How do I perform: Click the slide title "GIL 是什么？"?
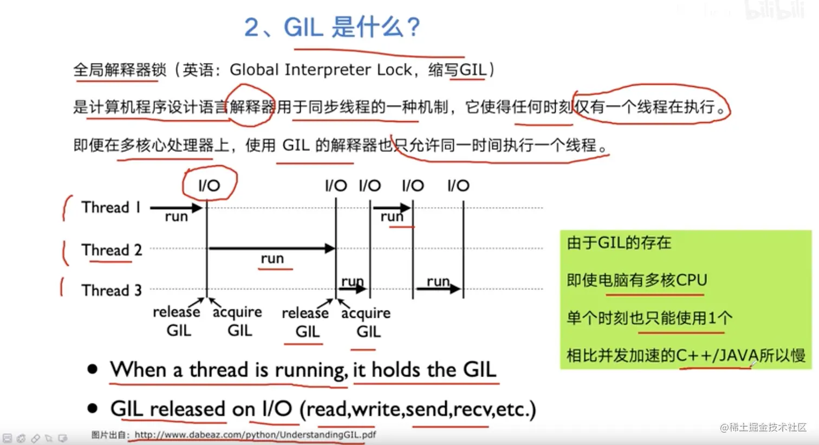(x=352, y=27)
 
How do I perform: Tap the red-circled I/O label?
(x=209, y=186)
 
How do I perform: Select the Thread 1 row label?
(x=111, y=207)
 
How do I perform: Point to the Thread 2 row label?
(x=112, y=250)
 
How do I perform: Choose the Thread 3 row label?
(x=112, y=291)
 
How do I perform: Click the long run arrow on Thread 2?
(x=272, y=248)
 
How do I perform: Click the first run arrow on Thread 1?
(x=176, y=208)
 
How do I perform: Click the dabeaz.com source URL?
(x=255, y=434)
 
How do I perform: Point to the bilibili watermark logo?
(x=775, y=10)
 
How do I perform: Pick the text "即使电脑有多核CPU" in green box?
(x=637, y=280)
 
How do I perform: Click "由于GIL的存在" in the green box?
(x=619, y=243)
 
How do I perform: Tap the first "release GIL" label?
(x=177, y=321)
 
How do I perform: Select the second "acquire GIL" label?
(x=366, y=322)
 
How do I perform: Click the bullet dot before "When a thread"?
(x=93, y=369)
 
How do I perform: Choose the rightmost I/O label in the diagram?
(x=458, y=186)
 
